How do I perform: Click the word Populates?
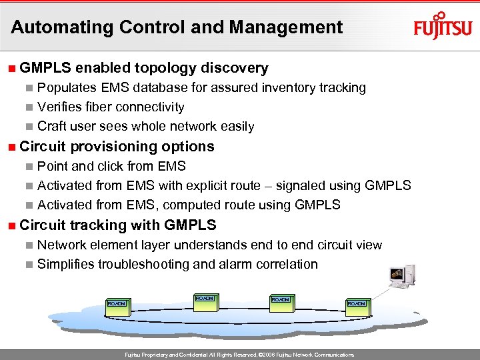tap(68, 88)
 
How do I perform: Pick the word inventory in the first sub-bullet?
tap(286, 88)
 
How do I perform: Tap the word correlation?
tap(285, 265)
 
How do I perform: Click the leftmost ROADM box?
tap(117, 304)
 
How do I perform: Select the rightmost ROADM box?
tap(357, 304)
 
